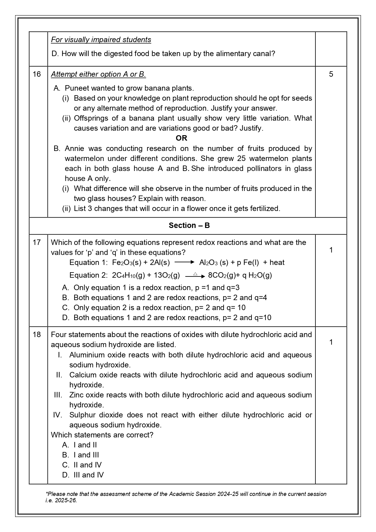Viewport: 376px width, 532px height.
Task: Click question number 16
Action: pyautogui.click(x=37, y=74)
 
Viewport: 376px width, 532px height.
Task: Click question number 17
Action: pyautogui.click(x=37, y=243)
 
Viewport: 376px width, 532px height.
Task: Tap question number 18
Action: pyautogui.click(x=37, y=335)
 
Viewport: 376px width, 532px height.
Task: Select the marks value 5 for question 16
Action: pyautogui.click(x=331, y=74)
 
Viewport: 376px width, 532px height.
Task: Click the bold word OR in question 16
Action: pyautogui.click(x=181, y=138)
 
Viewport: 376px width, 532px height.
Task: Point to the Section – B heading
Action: pyautogui.click(x=189, y=226)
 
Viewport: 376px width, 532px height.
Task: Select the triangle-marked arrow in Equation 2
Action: pyautogui.click(x=195, y=276)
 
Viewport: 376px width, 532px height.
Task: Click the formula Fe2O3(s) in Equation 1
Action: pyautogui.click(x=127, y=263)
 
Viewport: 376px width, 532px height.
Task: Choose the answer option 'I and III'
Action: pyautogui.click(x=86, y=455)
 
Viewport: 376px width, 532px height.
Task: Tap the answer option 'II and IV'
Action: pyautogui.click(x=87, y=465)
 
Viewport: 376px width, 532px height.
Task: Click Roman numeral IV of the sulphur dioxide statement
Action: pyautogui.click(x=58, y=415)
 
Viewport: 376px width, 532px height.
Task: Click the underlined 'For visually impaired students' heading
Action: pyautogui.click(x=101, y=40)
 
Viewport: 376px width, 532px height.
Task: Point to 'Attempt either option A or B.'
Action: pyautogui.click(x=98, y=74)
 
